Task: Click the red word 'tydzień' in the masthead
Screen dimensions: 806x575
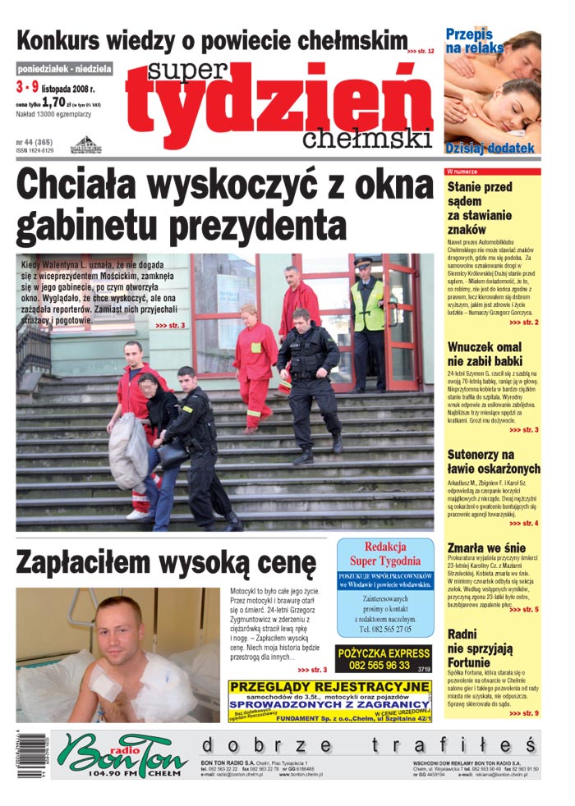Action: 279,112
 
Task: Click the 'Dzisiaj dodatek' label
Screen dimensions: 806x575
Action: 490,149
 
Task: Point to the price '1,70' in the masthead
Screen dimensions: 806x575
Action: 53,103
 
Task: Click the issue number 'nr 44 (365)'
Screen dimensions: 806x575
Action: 34,142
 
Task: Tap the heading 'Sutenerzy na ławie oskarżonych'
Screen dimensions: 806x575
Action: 494,461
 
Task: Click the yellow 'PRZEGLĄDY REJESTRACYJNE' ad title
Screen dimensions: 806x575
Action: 329,686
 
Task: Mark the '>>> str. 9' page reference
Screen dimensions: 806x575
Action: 524,713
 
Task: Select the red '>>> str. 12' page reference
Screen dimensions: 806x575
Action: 421,51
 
